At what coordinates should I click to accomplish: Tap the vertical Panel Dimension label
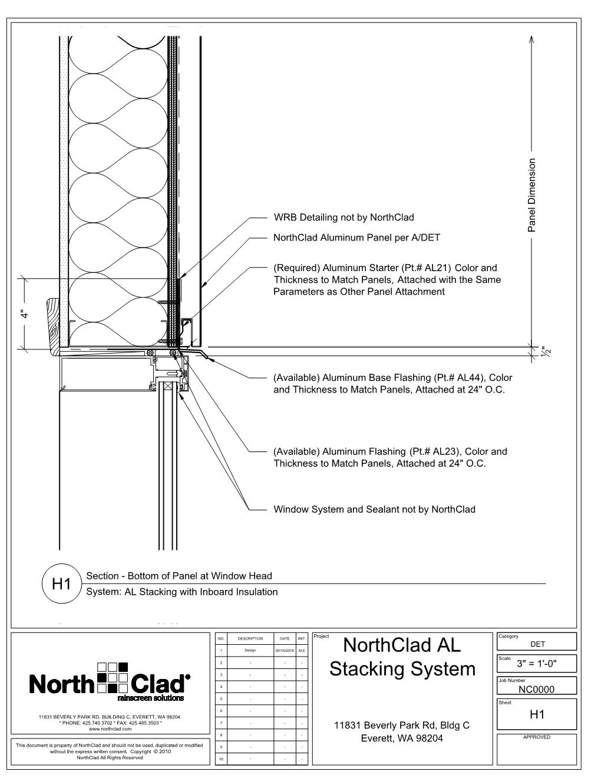[x=532, y=195]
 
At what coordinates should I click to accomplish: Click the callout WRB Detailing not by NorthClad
[x=344, y=217]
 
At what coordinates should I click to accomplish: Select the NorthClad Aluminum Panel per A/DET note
[x=356, y=238]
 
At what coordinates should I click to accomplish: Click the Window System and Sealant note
[x=374, y=509]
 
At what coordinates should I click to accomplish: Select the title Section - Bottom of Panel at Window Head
[x=179, y=576]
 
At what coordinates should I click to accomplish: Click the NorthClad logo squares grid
[x=113, y=677]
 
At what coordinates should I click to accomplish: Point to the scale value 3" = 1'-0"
[x=536, y=664]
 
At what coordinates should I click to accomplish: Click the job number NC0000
[x=536, y=689]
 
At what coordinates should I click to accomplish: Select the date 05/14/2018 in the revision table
[x=284, y=651]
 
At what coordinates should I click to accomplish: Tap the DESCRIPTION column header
[x=250, y=638]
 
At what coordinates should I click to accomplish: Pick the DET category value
[x=537, y=644]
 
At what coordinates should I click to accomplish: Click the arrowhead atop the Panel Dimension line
[x=532, y=39]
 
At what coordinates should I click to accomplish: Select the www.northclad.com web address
[x=109, y=729]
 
